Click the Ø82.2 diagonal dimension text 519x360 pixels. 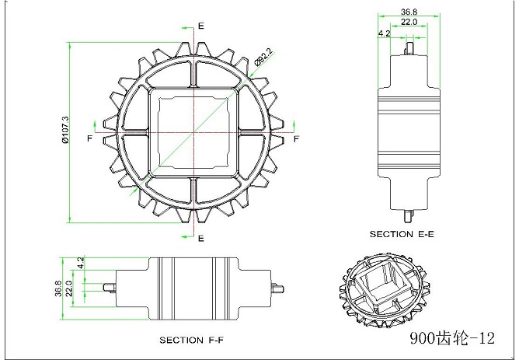pos(262,58)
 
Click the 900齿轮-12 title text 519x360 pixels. pos(452,338)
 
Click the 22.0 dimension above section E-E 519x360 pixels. pos(409,23)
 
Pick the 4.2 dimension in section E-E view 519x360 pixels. pos(383,34)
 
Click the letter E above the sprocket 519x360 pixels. pos(201,26)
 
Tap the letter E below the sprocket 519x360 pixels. pos(201,237)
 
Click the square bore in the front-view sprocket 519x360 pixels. pos(191,131)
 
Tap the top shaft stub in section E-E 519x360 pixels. pos(409,49)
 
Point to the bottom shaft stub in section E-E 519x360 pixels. pos(409,210)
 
